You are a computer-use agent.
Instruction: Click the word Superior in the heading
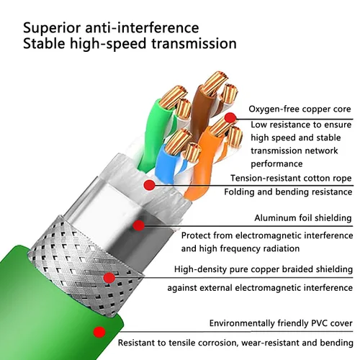point(52,28)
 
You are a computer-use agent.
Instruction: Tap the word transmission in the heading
point(194,44)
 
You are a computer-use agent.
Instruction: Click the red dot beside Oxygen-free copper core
point(230,117)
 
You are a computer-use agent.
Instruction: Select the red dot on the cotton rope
point(150,185)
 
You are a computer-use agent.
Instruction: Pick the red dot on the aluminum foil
point(138,225)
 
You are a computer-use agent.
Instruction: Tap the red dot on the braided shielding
point(109,278)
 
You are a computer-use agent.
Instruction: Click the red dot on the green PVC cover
point(99,332)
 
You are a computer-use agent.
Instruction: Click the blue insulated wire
point(166,163)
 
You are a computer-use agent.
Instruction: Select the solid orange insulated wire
point(199,166)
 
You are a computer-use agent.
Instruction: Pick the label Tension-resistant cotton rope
point(291,179)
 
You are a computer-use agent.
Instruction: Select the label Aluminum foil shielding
point(303,218)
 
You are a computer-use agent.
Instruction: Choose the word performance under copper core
point(276,164)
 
